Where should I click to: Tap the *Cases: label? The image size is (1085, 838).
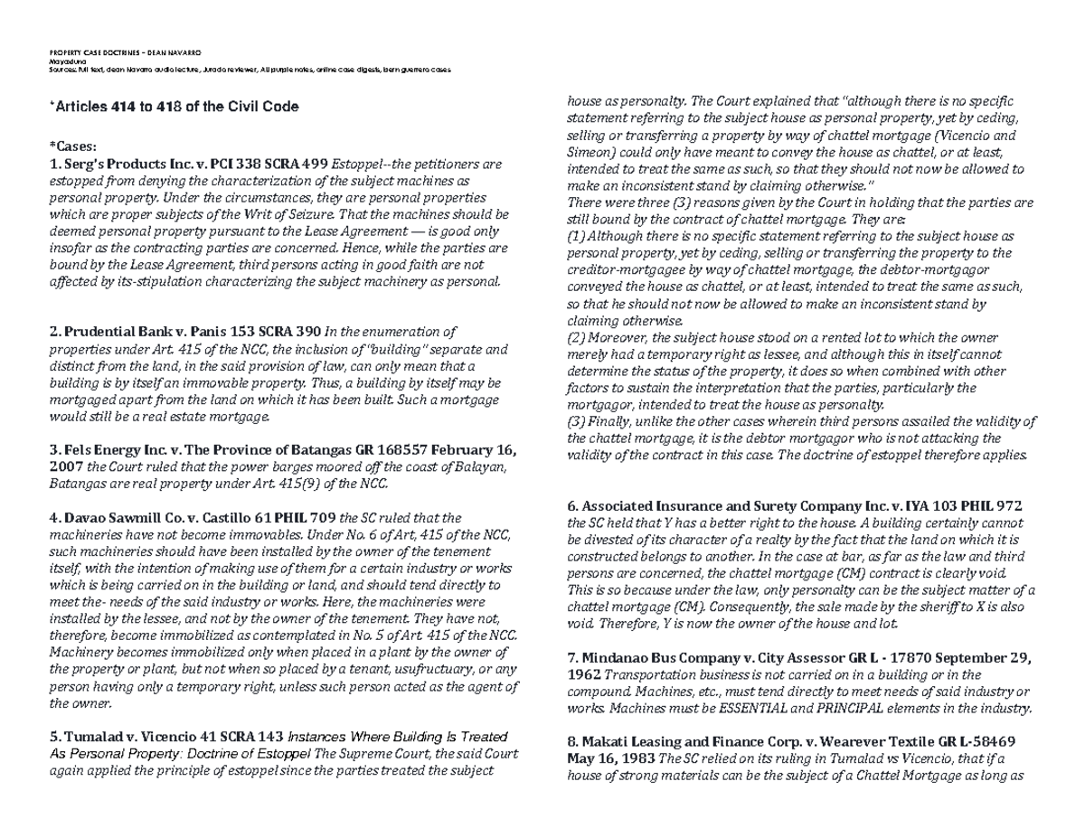click(x=73, y=147)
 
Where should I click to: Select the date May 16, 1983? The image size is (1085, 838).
click(x=602, y=758)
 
